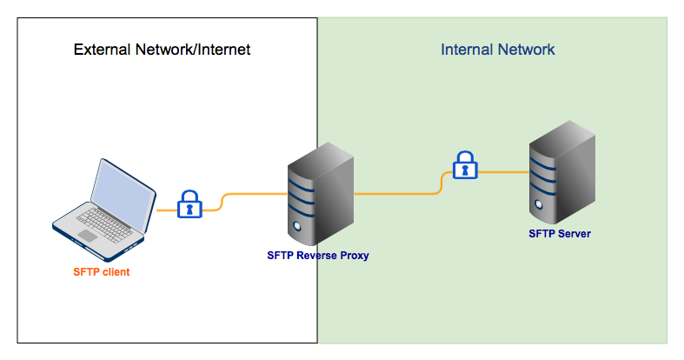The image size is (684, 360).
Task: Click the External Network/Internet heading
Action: pyautogui.click(x=162, y=50)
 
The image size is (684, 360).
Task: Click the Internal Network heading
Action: pyautogui.click(x=497, y=50)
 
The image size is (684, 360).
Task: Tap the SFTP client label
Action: pyautogui.click(x=101, y=272)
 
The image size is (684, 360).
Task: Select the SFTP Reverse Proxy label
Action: pyautogui.click(x=318, y=256)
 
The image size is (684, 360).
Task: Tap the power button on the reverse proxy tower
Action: pyautogui.click(x=296, y=228)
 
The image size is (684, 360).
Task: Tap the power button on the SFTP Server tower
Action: pyautogui.click(x=538, y=208)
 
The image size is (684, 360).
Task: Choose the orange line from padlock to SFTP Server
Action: pyautogui.click(x=504, y=171)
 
